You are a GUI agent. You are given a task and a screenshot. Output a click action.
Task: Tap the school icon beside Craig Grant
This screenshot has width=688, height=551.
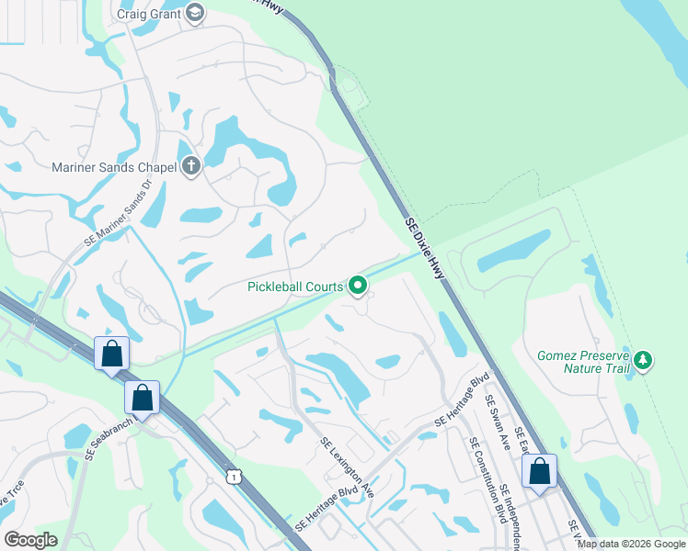click(194, 13)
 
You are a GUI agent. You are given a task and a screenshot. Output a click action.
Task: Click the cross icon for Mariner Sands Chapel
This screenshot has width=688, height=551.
click(190, 166)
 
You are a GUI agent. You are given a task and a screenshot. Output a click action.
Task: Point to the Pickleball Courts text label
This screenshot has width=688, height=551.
click(295, 287)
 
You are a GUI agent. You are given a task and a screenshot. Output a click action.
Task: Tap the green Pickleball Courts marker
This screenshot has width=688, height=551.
click(358, 287)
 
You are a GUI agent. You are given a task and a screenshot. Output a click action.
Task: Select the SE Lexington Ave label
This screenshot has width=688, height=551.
click(348, 467)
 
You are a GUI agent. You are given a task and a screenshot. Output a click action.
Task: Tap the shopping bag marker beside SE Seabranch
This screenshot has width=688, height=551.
click(142, 399)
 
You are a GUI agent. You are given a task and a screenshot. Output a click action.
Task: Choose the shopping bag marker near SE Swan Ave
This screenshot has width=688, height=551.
click(540, 472)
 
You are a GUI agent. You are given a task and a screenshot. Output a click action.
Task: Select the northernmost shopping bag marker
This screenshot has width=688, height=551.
click(111, 354)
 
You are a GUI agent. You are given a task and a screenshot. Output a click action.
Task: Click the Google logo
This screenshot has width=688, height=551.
click(30, 540)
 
